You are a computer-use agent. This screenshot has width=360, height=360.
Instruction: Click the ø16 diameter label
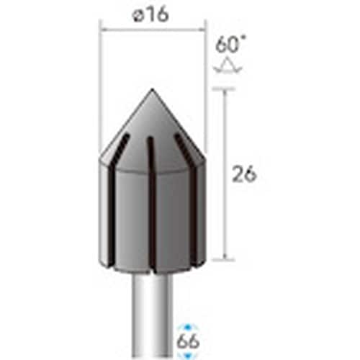click(153, 15)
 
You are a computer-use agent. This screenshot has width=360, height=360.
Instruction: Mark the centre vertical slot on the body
click(150, 202)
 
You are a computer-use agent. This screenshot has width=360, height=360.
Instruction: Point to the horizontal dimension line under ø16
click(153, 30)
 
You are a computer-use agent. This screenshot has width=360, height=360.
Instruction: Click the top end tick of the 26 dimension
click(225, 89)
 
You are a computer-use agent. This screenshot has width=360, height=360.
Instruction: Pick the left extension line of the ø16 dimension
click(99, 86)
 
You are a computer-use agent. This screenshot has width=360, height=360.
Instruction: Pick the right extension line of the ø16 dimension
click(206, 86)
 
